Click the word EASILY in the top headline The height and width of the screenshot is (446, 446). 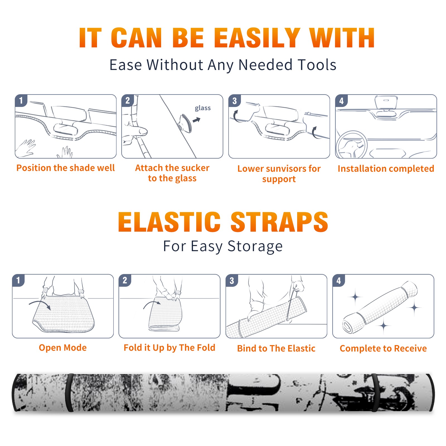[x=257, y=38]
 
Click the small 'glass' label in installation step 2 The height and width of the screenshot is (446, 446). [x=203, y=108]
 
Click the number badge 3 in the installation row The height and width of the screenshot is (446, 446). [x=234, y=101]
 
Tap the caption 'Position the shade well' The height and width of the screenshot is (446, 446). [x=66, y=168]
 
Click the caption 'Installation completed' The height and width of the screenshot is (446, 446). [x=386, y=169]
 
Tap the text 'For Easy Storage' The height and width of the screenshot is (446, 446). [x=223, y=246]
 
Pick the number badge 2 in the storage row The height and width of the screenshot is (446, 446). [x=125, y=280]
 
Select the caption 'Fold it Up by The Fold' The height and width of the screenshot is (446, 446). [x=169, y=348]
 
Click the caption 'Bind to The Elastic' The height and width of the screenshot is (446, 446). [x=276, y=348]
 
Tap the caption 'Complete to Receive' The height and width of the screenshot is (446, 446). [x=383, y=348]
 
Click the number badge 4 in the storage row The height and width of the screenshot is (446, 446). [x=339, y=280]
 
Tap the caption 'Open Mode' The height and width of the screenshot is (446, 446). [x=63, y=348]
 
